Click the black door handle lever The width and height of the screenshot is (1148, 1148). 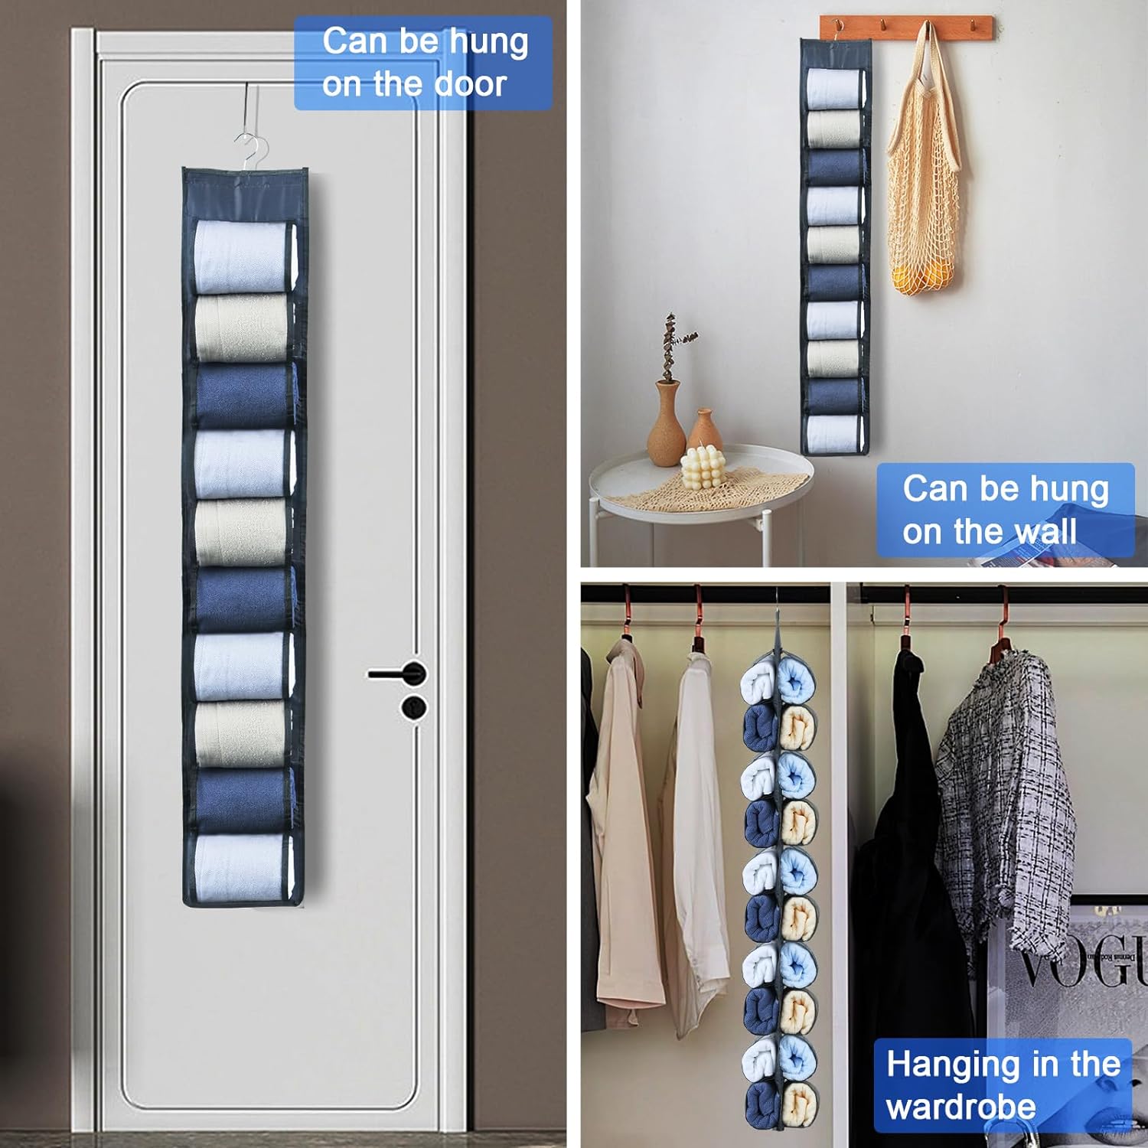[398, 673]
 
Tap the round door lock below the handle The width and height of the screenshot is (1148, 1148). [414, 707]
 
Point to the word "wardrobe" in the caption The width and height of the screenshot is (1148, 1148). [960, 1107]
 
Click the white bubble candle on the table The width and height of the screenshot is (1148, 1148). [702, 468]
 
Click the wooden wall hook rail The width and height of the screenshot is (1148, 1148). [907, 27]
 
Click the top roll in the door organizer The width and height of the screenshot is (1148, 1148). [242, 256]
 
